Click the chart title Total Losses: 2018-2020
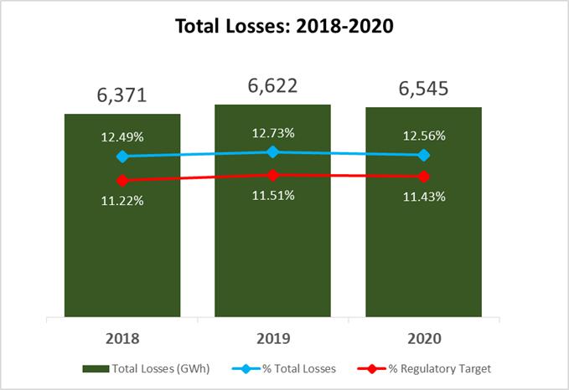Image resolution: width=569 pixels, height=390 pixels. click(x=284, y=26)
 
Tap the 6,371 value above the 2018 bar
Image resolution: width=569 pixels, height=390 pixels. click(x=122, y=95)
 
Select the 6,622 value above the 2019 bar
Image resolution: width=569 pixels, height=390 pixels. click(x=272, y=86)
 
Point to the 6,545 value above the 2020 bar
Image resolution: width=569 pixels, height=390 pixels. click(x=423, y=89)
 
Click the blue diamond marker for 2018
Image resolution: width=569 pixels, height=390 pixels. click(x=122, y=157)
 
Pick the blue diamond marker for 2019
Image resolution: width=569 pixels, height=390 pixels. click(x=273, y=152)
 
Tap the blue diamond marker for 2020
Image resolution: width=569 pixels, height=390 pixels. click(x=424, y=155)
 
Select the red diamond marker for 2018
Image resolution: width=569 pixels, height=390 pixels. click(x=122, y=180)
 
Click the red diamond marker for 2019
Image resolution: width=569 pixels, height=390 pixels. click(x=273, y=176)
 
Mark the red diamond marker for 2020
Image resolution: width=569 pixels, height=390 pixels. click(x=424, y=177)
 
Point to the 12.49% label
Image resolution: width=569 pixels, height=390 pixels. click(x=122, y=137)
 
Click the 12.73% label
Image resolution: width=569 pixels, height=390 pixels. click(x=273, y=133)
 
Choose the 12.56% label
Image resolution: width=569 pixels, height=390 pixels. click(x=424, y=136)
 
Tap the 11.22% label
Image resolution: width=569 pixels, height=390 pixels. click(x=122, y=201)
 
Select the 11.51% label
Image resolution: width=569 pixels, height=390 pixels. click(x=273, y=196)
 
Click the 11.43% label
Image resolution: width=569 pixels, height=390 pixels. click(x=424, y=197)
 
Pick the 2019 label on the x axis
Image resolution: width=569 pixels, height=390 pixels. click(x=273, y=339)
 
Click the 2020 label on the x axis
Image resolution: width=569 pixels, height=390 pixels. click(x=424, y=339)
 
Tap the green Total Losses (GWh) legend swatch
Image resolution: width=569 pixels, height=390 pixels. click(x=96, y=369)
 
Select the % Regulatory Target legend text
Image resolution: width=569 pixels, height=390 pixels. click(x=439, y=369)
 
